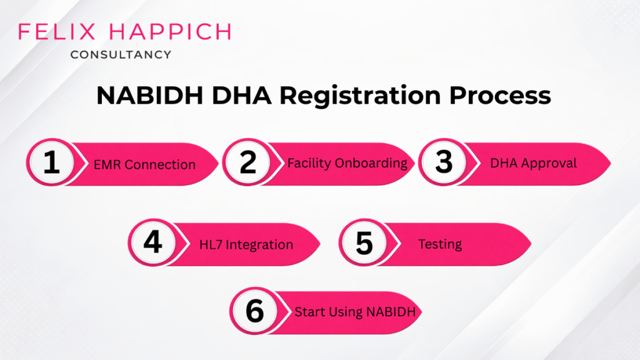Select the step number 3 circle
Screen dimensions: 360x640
444,162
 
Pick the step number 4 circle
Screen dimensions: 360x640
153,244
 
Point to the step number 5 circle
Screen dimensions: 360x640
364,244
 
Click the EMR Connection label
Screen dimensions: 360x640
144,165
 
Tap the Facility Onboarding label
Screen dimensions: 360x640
347,163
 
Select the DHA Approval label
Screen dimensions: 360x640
533,163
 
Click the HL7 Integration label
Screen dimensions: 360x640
246,244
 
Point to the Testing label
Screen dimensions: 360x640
440,244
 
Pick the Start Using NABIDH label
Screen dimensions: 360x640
355,311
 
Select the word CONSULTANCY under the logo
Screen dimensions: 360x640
121,54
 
